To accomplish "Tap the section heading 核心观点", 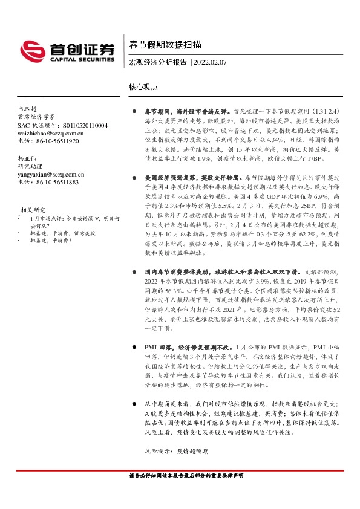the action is [143, 87].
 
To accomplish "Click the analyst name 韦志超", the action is [28, 108].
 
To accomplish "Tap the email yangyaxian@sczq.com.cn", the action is [51, 173].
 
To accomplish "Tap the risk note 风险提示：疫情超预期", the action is [176, 451].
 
